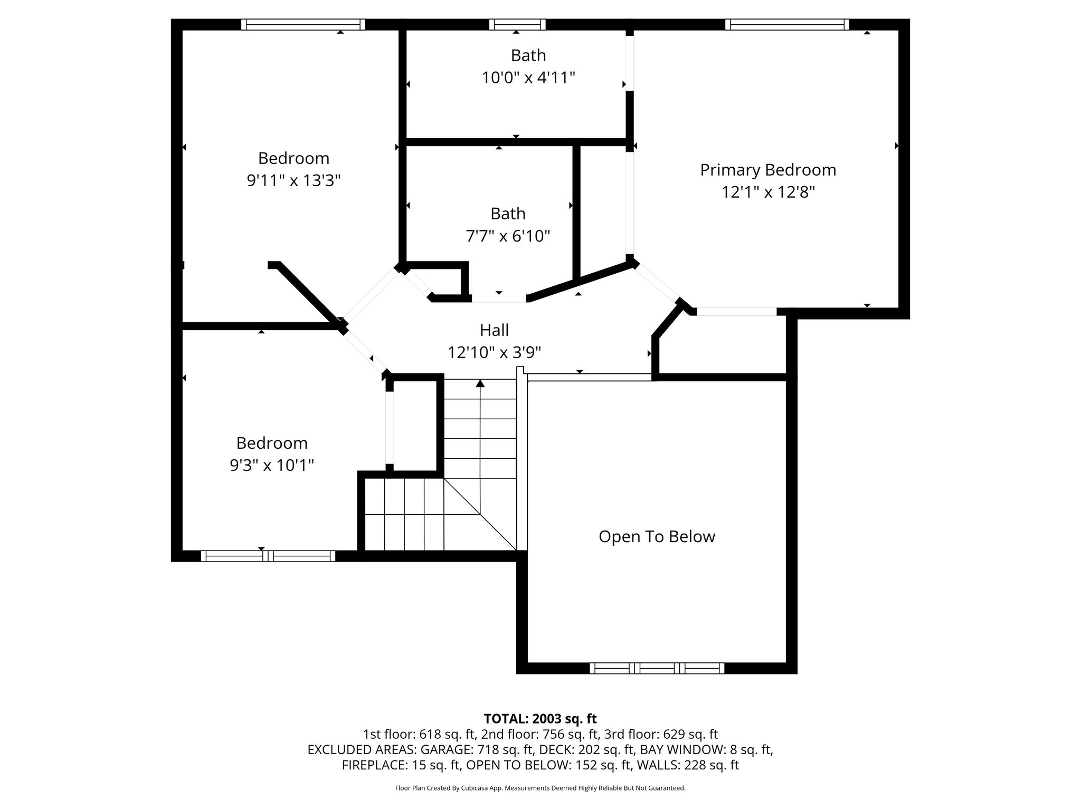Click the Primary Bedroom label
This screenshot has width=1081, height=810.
[x=768, y=170]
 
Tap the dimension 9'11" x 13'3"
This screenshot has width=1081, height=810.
[x=293, y=181]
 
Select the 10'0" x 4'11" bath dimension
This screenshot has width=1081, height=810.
[x=528, y=78]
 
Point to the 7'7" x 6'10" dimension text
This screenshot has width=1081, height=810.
[x=508, y=236]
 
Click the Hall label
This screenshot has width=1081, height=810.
[x=494, y=330]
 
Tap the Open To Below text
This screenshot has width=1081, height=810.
[x=657, y=536]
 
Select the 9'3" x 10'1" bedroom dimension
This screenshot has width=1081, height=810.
[x=272, y=465]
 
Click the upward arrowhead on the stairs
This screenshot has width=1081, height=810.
[x=480, y=383]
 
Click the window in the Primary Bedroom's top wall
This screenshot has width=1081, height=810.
[x=786, y=24]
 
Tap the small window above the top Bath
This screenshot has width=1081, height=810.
[x=517, y=24]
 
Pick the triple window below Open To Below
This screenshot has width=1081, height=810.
[x=657, y=668]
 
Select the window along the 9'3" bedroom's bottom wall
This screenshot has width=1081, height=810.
[x=268, y=556]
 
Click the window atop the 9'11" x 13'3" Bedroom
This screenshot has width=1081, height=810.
[x=303, y=24]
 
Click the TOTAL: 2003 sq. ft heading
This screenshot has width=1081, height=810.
[x=540, y=719]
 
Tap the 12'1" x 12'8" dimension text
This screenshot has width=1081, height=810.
[x=768, y=192]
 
